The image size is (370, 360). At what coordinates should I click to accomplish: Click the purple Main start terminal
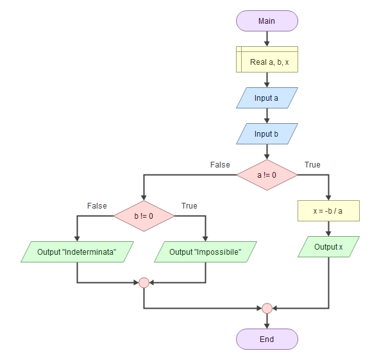(x=267, y=21)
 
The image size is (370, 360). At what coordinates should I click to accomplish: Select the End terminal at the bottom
(x=267, y=339)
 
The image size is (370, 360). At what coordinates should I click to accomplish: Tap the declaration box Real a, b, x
(x=267, y=59)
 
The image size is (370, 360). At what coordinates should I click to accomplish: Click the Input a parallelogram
(x=267, y=98)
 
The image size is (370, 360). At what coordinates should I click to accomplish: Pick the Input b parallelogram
(x=267, y=133)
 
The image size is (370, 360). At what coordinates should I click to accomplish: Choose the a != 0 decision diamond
(x=267, y=175)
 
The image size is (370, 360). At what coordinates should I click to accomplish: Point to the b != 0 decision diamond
(x=144, y=216)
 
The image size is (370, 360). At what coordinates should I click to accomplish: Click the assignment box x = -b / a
(x=328, y=211)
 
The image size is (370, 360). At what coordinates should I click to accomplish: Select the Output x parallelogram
(x=328, y=246)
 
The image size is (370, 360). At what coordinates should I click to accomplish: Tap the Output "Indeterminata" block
(x=77, y=252)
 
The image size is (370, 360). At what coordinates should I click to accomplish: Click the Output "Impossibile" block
(x=205, y=252)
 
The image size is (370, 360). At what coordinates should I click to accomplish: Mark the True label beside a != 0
(x=312, y=164)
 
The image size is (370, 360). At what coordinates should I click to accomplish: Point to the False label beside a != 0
(x=220, y=164)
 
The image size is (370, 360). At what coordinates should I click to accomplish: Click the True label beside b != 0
(x=189, y=205)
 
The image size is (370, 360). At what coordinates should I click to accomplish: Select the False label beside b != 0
(x=97, y=205)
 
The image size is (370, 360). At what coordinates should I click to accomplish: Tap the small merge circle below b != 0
(x=144, y=282)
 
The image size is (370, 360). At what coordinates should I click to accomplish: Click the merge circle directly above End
(x=267, y=308)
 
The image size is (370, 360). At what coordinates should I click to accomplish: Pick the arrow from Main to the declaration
(x=267, y=39)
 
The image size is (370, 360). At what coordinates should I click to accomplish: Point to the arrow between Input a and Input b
(x=267, y=116)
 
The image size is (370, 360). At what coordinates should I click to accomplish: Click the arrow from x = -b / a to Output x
(x=328, y=228)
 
